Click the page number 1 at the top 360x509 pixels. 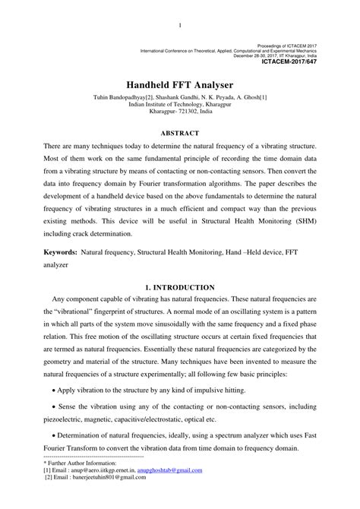click(179, 27)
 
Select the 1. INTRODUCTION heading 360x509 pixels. click(180, 287)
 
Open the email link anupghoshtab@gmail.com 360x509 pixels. click(170, 470)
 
